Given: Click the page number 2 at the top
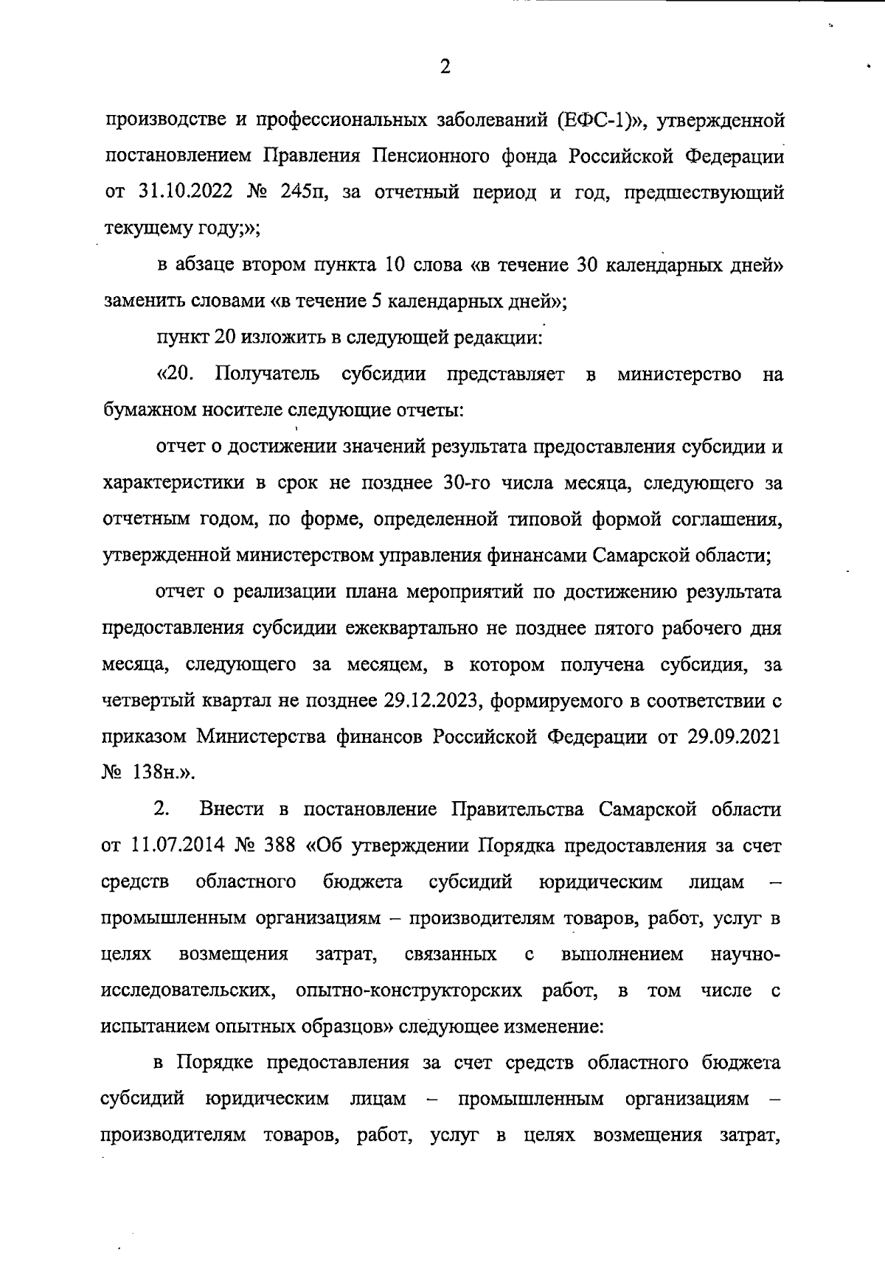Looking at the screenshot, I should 444,68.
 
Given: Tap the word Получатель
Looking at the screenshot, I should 268,374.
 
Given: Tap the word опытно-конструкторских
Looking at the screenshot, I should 409,991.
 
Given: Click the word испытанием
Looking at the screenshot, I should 152,1027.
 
